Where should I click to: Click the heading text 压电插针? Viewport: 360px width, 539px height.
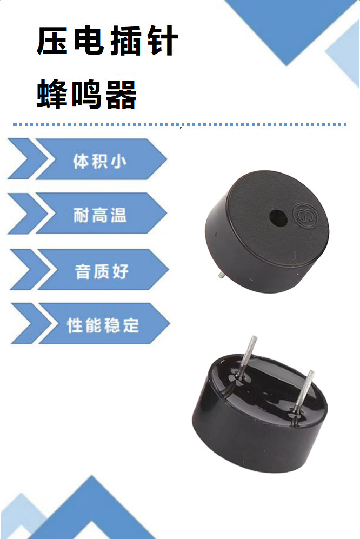coord(106,42)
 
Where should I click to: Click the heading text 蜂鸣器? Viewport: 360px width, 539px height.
coord(87,94)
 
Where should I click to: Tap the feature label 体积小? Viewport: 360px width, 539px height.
coord(99,161)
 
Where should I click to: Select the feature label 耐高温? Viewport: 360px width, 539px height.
coord(99,215)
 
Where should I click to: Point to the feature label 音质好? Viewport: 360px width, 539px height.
coord(102,270)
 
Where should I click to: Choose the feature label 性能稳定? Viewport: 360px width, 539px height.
coord(103,325)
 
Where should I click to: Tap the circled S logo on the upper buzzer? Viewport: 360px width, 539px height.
coord(302,212)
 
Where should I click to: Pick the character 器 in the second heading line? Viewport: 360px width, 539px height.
coord(121,94)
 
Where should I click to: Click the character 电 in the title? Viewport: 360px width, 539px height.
coord(89,42)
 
